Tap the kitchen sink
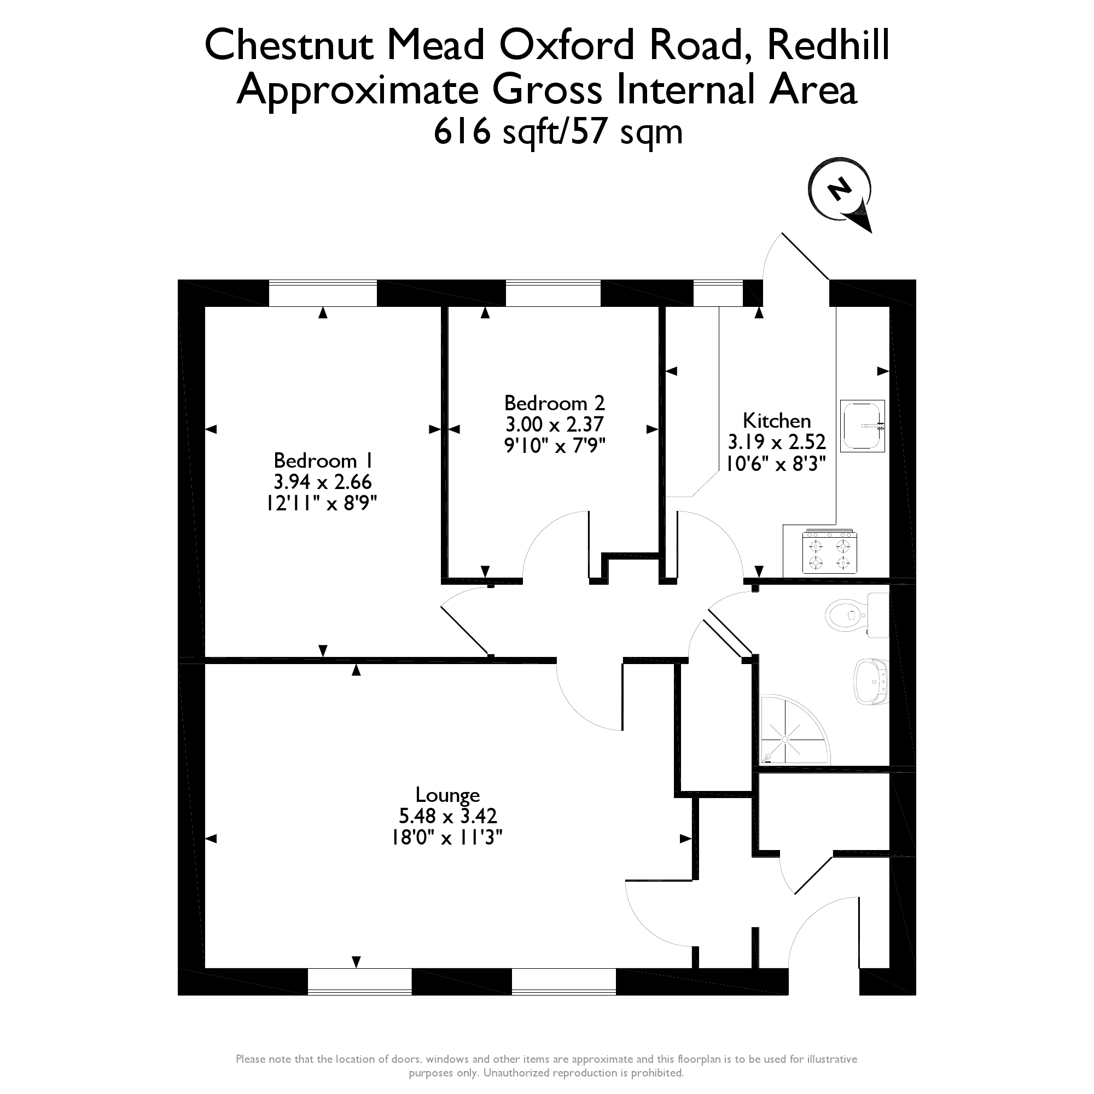coord(862,426)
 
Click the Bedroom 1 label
coord(322,461)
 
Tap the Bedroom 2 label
coord(554,403)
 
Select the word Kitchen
coord(776,421)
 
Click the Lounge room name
coord(447,795)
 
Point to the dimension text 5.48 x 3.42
coord(447,816)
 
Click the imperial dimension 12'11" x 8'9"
coord(322,503)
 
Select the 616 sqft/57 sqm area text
coord(558,132)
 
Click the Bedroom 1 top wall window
coord(322,293)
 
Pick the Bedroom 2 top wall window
coord(552,293)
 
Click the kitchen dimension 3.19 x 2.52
coord(776,441)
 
